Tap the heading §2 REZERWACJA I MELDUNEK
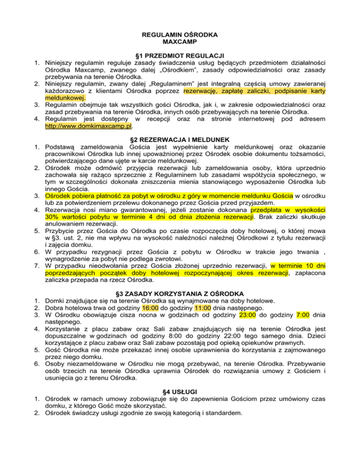(180, 140)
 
